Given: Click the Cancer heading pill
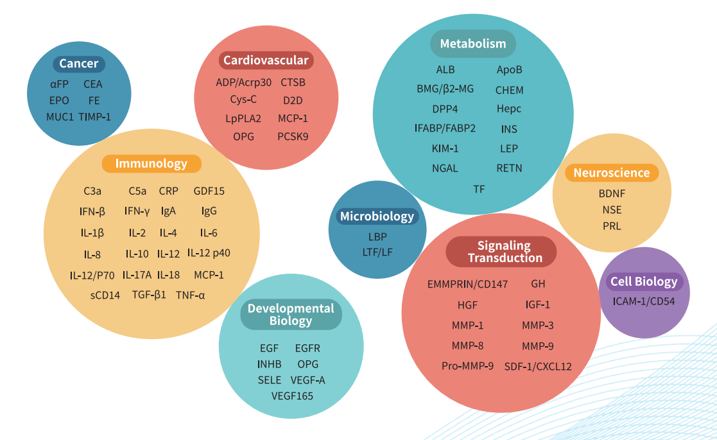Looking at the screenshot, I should click(x=79, y=63).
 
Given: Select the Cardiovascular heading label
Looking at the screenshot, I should click(x=266, y=60).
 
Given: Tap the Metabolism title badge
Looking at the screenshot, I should click(x=473, y=44).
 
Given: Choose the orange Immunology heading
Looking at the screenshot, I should click(x=151, y=164).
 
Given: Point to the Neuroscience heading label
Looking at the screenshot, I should click(x=612, y=173).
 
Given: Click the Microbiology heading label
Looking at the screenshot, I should click(x=377, y=216).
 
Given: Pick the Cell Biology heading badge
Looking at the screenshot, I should click(x=644, y=281).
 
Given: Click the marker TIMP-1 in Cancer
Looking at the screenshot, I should click(x=95, y=116).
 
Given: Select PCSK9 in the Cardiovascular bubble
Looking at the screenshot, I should click(x=293, y=136).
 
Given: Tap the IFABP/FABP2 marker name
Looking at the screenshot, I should click(x=445, y=128).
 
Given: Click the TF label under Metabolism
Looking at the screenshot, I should click(x=479, y=189).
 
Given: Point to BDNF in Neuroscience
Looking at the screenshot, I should click(x=611, y=193).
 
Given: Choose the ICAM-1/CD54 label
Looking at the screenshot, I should click(x=643, y=301).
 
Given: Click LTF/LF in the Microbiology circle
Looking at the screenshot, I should click(x=377, y=252).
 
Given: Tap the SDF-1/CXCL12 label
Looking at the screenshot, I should click(x=538, y=366).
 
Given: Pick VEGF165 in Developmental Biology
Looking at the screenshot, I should click(x=292, y=396).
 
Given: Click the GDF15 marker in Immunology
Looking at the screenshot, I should click(x=209, y=191).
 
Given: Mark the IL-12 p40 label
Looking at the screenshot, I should click(x=209, y=253).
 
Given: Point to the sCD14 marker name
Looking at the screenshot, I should click(x=105, y=295).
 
